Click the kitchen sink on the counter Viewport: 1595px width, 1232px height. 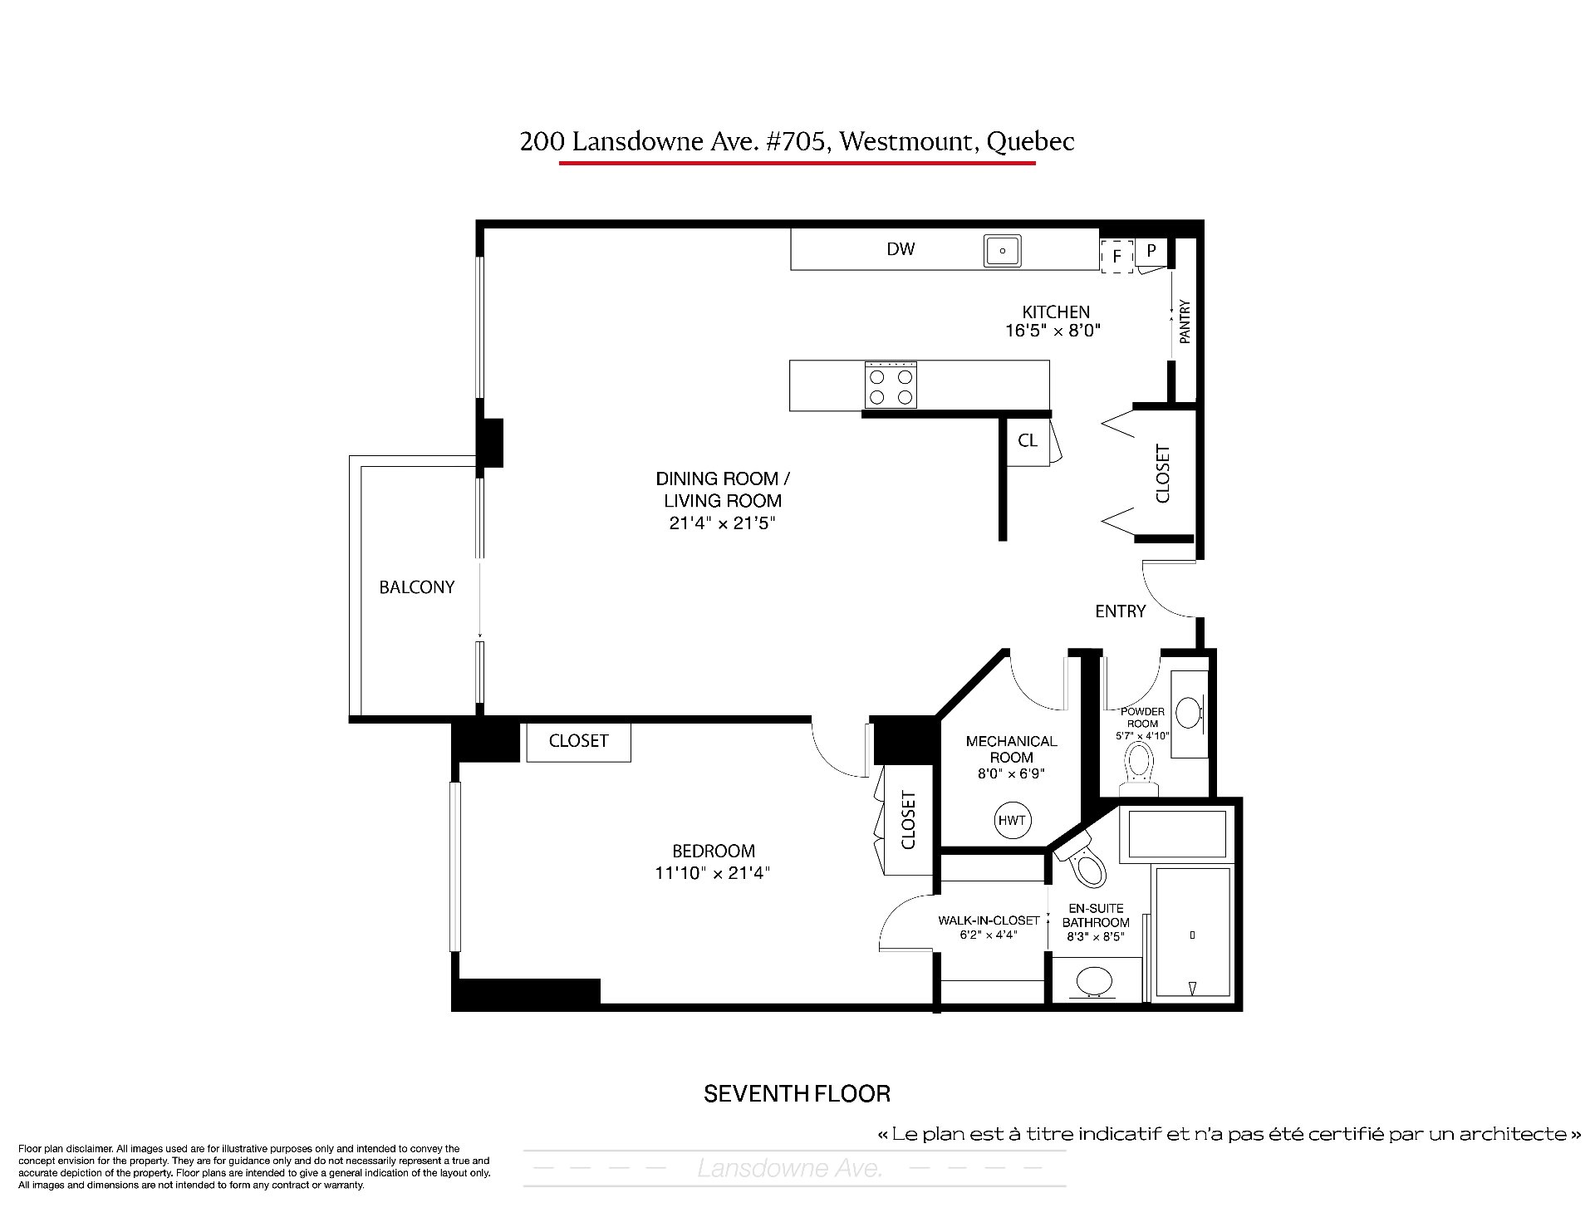(x=1003, y=250)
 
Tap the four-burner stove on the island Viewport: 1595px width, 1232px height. (x=891, y=385)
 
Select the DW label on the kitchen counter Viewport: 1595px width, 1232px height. (x=901, y=249)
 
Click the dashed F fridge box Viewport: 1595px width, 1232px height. (x=1117, y=256)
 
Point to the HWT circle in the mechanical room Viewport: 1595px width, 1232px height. (x=1012, y=821)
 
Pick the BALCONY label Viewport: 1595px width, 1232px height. (x=417, y=587)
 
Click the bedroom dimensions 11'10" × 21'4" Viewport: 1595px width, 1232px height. (x=713, y=873)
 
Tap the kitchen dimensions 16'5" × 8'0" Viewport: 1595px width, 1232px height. (x=1053, y=331)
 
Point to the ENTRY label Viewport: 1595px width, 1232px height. (x=1120, y=611)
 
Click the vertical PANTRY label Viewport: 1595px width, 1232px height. (x=1185, y=322)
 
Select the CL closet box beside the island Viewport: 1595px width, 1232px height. (x=1028, y=440)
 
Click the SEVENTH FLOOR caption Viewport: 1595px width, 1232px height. (x=797, y=1094)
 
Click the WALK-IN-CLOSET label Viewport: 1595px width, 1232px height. (x=989, y=920)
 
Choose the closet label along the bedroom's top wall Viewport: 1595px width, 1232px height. (x=578, y=741)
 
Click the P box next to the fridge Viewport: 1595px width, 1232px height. (x=1151, y=249)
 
